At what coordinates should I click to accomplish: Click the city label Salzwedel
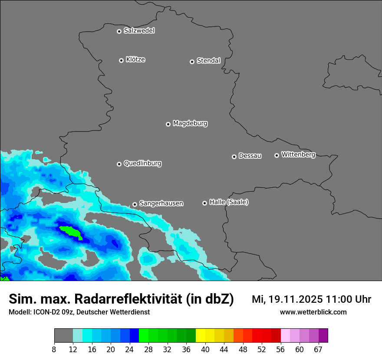139,31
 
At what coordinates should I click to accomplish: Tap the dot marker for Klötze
121,60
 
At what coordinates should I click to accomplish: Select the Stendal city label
208,61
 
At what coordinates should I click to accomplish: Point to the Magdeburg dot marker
168,124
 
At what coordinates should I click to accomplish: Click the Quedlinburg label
142,164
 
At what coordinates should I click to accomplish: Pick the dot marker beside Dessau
234,157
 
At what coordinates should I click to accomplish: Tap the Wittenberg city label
298,154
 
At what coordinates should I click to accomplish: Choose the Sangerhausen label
161,203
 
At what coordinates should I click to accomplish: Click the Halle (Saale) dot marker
204,203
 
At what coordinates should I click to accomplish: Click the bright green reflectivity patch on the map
71,232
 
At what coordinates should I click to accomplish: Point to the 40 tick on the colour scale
205,350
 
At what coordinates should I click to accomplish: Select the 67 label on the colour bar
318,350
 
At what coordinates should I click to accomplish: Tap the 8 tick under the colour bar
54,350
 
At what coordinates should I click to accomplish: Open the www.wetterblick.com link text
313,312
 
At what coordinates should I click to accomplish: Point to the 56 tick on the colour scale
281,350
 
